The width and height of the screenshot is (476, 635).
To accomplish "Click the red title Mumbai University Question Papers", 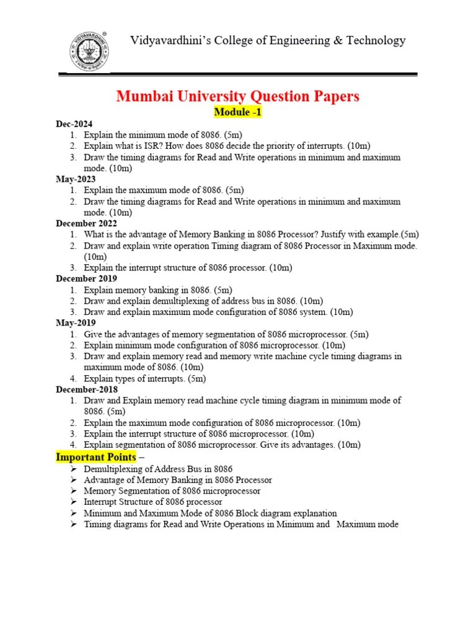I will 238,96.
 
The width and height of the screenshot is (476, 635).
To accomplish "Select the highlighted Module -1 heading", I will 238,112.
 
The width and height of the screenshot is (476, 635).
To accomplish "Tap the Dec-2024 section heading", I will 74,124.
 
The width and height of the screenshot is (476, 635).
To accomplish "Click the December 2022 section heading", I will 86,223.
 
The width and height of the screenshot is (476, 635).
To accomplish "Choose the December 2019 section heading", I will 86,278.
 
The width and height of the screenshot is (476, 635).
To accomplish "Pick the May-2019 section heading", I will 76,323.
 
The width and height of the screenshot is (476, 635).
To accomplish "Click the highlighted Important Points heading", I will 96,457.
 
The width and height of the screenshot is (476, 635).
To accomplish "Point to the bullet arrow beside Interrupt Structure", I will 73,502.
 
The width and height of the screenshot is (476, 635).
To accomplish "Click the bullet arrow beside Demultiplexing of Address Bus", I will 73,469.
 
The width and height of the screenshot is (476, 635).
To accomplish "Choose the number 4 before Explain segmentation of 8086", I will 73,445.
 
